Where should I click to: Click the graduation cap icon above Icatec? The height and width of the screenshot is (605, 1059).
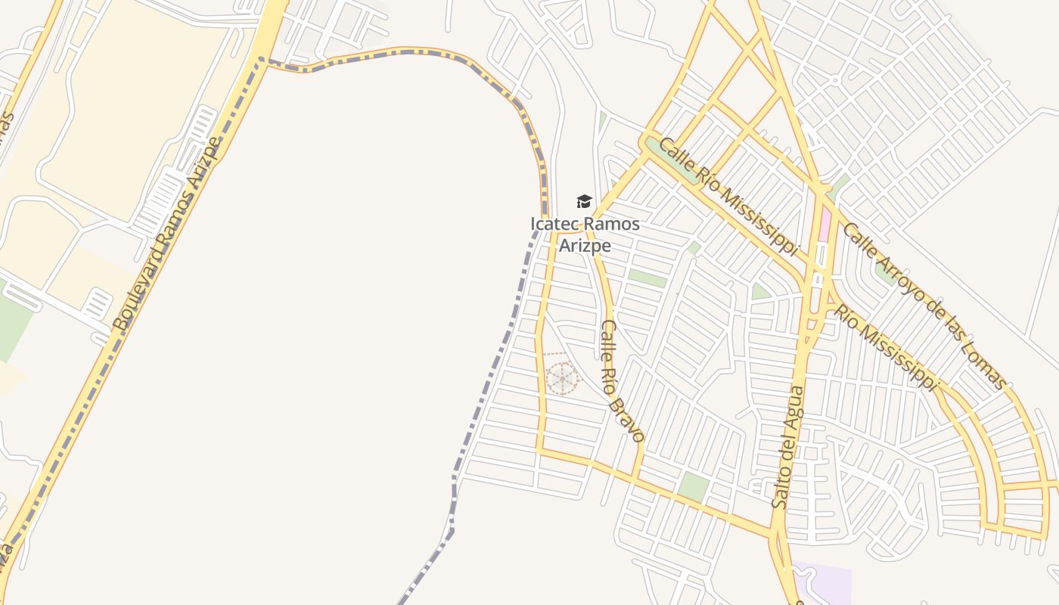point(584,201)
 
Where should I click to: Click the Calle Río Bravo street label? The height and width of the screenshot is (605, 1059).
point(621,380)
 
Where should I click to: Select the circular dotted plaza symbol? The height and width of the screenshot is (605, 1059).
point(562,378)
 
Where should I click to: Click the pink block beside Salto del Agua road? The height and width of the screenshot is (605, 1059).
point(825,225)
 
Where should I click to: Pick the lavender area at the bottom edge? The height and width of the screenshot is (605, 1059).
point(825,582)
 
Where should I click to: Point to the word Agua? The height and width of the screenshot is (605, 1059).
point(794,404)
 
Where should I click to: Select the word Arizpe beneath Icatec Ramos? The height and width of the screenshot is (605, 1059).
point(585,246)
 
